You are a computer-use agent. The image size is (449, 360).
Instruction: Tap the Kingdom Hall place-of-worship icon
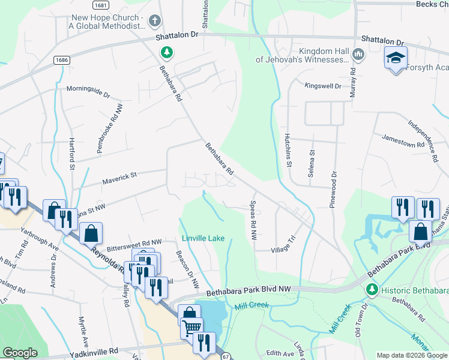358,55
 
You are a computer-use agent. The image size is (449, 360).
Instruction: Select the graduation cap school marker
396,58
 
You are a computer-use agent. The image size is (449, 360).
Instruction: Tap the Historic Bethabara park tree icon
372,290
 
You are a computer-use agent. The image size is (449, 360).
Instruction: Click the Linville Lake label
203,238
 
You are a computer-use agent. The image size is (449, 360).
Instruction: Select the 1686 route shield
61,60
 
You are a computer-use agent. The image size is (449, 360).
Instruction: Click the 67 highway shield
226,356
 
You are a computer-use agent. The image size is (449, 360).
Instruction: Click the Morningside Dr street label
88,95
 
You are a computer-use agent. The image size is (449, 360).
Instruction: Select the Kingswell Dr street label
323,86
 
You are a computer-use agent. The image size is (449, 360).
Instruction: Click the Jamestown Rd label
403,145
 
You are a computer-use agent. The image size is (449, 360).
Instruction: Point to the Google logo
20,353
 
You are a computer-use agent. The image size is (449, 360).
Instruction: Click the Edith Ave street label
281,353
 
